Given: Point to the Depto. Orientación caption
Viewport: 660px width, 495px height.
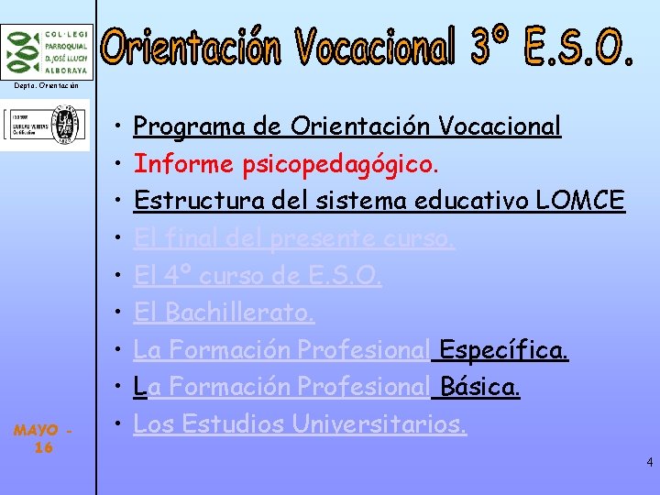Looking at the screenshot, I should click(x=45, y=85).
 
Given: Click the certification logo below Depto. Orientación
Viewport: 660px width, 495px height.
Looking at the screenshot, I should click(x=45, y=125).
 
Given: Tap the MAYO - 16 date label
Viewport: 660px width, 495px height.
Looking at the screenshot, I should click(x=43, y=438).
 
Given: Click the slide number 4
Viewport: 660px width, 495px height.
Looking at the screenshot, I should click(x=649, y=462).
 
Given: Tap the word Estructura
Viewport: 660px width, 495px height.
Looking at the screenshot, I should click(x=193, y=200).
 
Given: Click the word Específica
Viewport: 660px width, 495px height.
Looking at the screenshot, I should click(x=503, y=350).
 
